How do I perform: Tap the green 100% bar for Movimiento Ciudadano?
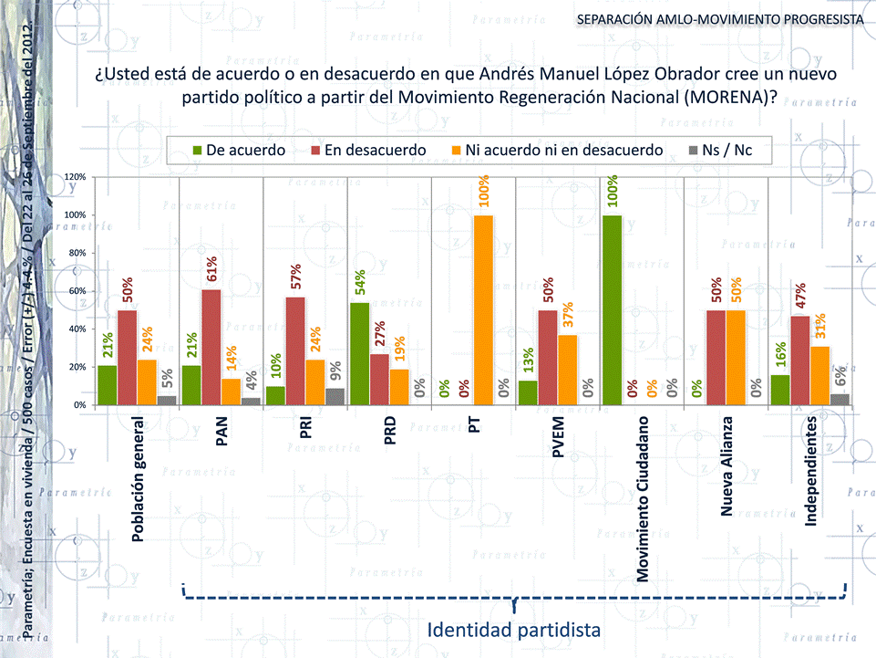point(613,309)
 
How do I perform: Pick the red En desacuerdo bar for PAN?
point(211,347)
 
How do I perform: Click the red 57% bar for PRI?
point(295,350)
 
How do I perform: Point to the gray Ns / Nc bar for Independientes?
point(840,399)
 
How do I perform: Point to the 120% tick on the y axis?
point(76,176)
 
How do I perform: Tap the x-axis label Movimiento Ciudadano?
point(643,499)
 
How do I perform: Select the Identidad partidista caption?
point(514,630)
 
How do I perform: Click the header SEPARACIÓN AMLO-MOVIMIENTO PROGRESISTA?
point(719,19)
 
